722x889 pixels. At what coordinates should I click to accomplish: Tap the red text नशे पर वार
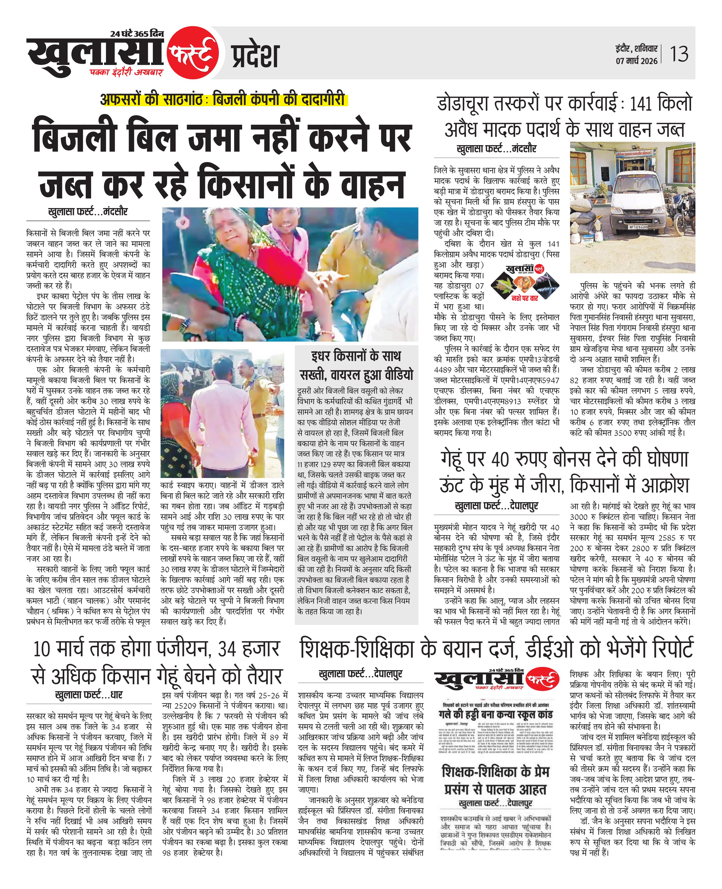(525, 298)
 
